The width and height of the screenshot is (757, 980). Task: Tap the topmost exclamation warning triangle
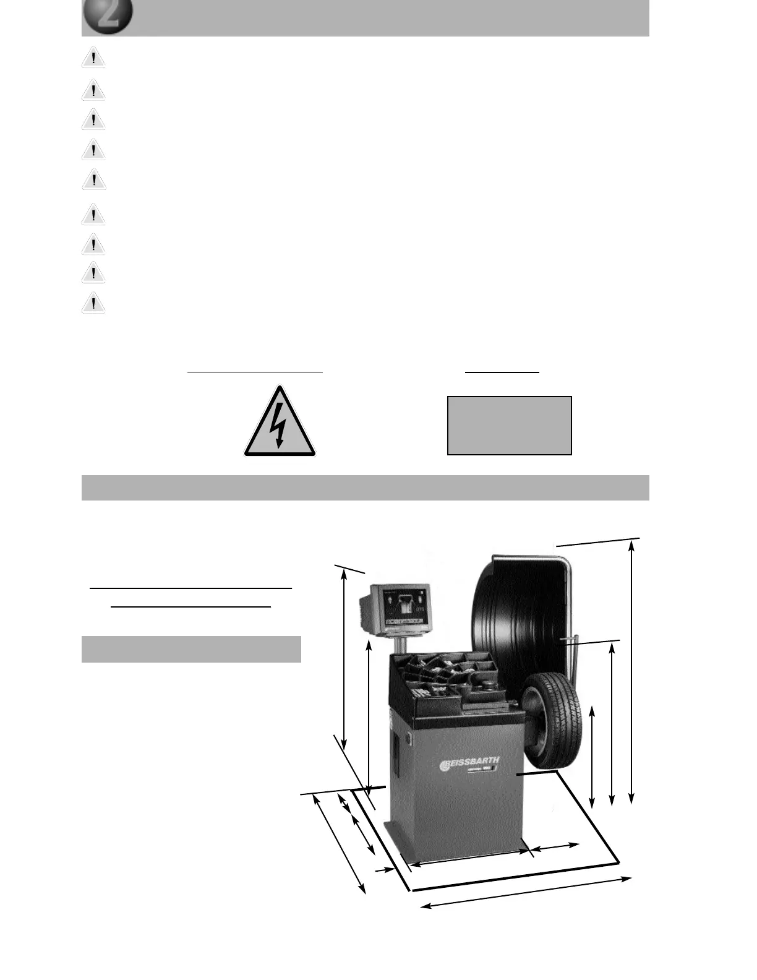coord(93,59)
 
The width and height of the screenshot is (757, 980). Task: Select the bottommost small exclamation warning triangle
coord(93,303)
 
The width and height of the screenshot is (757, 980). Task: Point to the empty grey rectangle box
coord(509,426)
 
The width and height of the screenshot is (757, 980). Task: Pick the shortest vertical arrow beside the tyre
coord(592,756)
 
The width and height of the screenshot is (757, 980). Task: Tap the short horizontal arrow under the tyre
coord(555,847)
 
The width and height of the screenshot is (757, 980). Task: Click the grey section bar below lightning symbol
coord(365,488)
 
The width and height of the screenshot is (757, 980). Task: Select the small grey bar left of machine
coord(191,649)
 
